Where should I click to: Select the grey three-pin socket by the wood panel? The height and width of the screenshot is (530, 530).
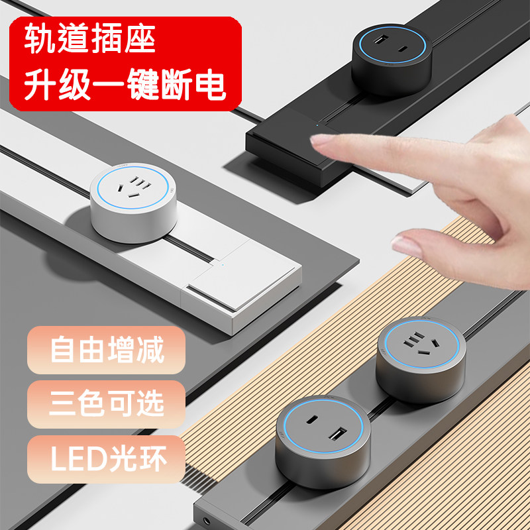point(420,358)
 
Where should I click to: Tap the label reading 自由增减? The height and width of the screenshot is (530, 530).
point(107,350)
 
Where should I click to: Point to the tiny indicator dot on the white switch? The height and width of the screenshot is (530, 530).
point(223,266)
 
